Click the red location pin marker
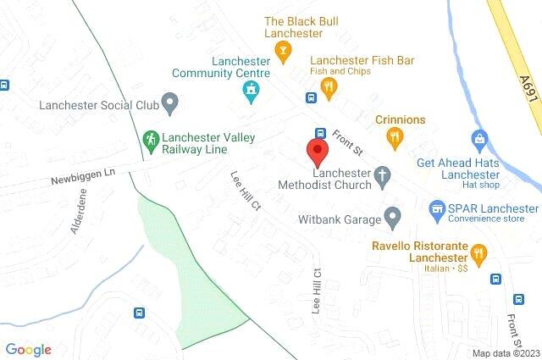[x=318, y=153]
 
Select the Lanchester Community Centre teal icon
[x=250, y=94]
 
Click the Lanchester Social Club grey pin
[x=169, y=106]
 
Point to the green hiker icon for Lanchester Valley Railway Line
[x=150, y=139]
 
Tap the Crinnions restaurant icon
[x=393, y=136]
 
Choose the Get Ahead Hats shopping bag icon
[x=479, y=138]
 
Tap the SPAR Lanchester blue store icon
[x=437, y=208]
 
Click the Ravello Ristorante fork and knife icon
[x=479, y=252]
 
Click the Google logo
[x=28, y=349]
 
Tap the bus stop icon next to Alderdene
[x=138, y=312]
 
